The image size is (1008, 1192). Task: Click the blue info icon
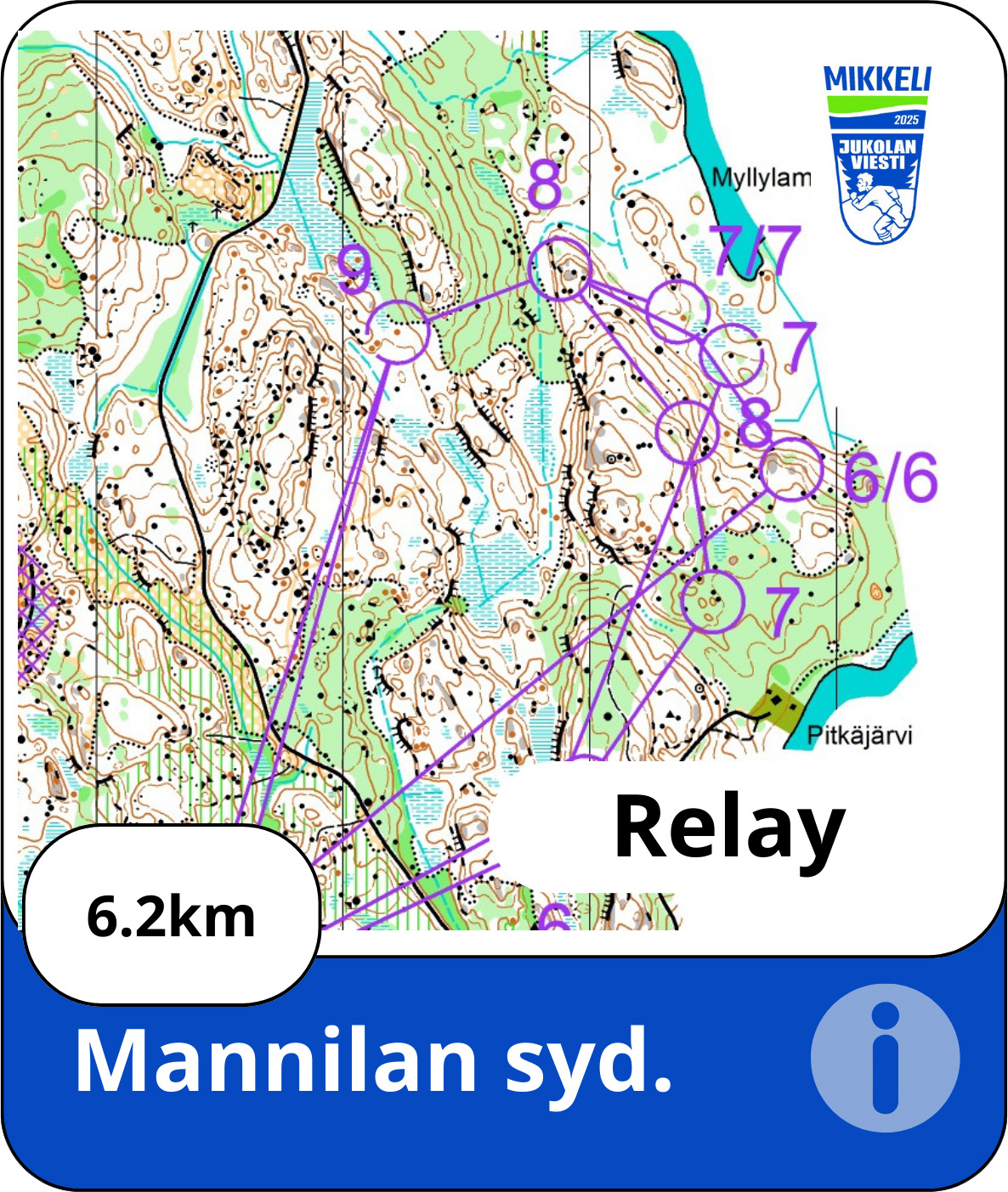(885, 1058)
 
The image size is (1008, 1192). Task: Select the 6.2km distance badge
(171, 917)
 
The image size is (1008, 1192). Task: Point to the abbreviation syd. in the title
(588, 1061)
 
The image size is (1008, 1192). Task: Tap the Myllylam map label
(760, 178)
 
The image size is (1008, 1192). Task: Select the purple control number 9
(354, 270)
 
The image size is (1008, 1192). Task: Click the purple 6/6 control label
(891, 477)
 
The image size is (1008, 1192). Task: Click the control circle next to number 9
(398, 331)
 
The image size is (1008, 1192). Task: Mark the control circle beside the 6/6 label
(791, 468)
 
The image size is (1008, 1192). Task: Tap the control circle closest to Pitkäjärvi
(713, 601)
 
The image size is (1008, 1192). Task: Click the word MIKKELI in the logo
(877, 80)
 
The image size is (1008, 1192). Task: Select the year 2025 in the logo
(906, 120)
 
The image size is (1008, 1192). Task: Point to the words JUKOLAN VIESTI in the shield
(878, 154)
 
